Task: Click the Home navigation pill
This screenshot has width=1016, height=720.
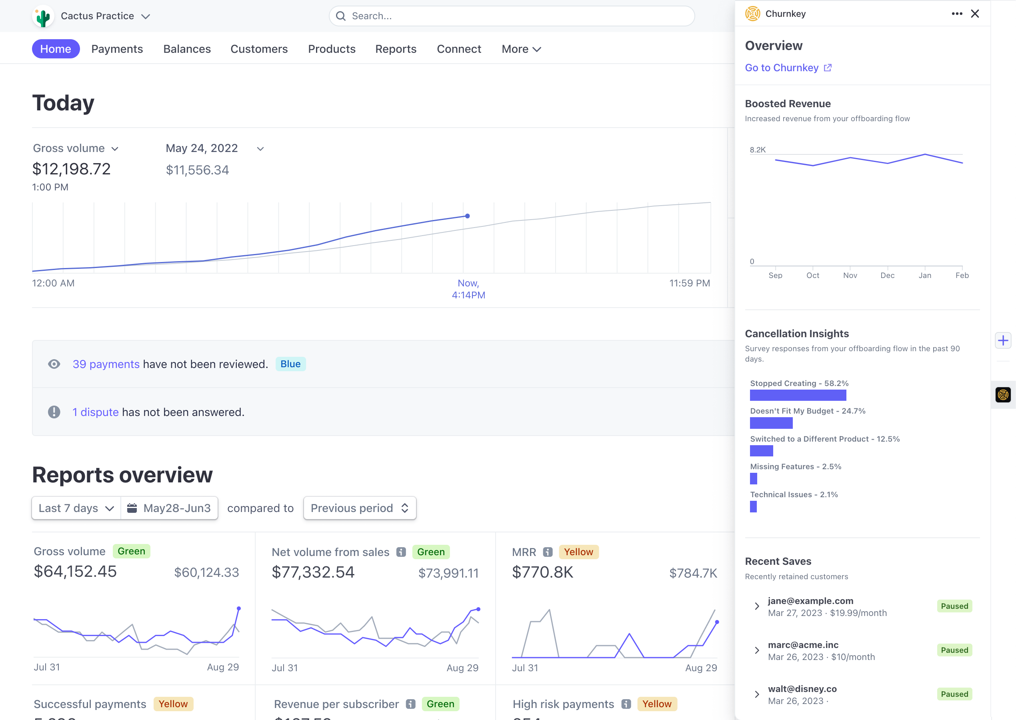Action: pyautogui.click(x=56, y=49)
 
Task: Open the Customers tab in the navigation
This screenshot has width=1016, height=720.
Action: pyautogui.click(x=259, y=49)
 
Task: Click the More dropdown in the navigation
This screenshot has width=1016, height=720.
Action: pyautogui.click(x=521, y=49)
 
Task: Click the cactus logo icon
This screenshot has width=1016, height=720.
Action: pyautogui.click(x=43, y=16)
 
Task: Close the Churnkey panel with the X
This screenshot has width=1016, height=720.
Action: pyautogui.click(x=975, y=14)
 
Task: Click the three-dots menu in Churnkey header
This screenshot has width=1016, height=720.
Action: pyautogui.click(x=957, y=14)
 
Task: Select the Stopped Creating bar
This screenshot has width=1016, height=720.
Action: pyautogui.click(x=798, y=395)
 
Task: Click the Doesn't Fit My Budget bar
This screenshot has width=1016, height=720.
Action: pyautogui.click(x=771, y=423)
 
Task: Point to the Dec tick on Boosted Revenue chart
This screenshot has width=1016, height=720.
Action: pyautogui.click(x=887, y=275)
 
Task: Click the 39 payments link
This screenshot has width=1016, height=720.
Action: pyautogui.click(x=106, y=364)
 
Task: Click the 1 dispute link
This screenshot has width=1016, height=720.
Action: pyautogui.click(x=95, y=412)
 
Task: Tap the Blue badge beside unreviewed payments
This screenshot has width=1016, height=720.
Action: pyautogui.click(x=290, y=364)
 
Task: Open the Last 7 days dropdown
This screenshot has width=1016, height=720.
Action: pyautogui.click(x=76, y=508)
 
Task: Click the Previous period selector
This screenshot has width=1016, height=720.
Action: pyautogui.click(x=360, y=508)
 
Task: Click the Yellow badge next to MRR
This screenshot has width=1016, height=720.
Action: pyautogui.click(x=578, y=552)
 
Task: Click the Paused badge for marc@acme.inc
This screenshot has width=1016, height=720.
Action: pyautogui.click(x=954, y=650)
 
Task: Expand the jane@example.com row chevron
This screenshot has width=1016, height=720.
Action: pyautogui.click(x=757, y=606)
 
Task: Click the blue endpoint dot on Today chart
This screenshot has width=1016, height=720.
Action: pyautogui.click(x=467, y=216)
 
